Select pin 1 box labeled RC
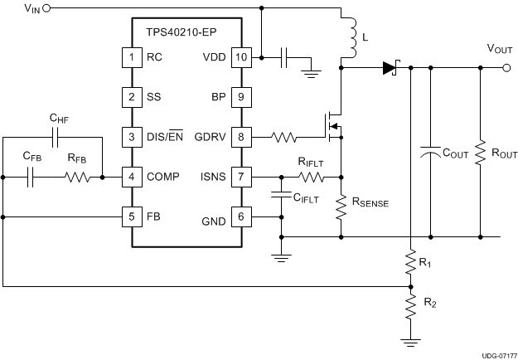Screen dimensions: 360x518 coord(130,58)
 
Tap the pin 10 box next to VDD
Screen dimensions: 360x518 coord(241,58)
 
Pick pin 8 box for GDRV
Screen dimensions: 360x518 coord(241,135)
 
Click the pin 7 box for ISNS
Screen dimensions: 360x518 coord(241,177)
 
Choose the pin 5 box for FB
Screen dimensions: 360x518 coord(130,216)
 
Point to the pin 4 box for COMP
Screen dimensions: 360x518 coord(130,177)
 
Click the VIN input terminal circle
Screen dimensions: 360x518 coord(46,8)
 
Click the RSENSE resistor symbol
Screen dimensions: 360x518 coord(341,208)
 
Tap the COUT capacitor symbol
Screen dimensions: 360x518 coord(430,154)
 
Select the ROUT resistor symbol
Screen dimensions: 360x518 coord(481,154)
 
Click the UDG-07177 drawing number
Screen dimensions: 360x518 coord(496,353)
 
